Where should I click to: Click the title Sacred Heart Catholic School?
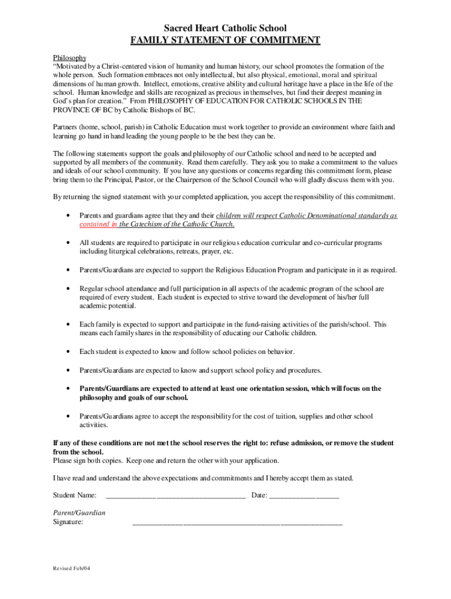click(225, 28)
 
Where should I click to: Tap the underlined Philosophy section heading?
click(70, 58)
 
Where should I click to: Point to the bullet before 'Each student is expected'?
click(70, 352)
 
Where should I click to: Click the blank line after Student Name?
click(176, 497)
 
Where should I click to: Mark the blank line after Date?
click(304, 497)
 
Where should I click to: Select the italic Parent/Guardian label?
click(79, 513)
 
